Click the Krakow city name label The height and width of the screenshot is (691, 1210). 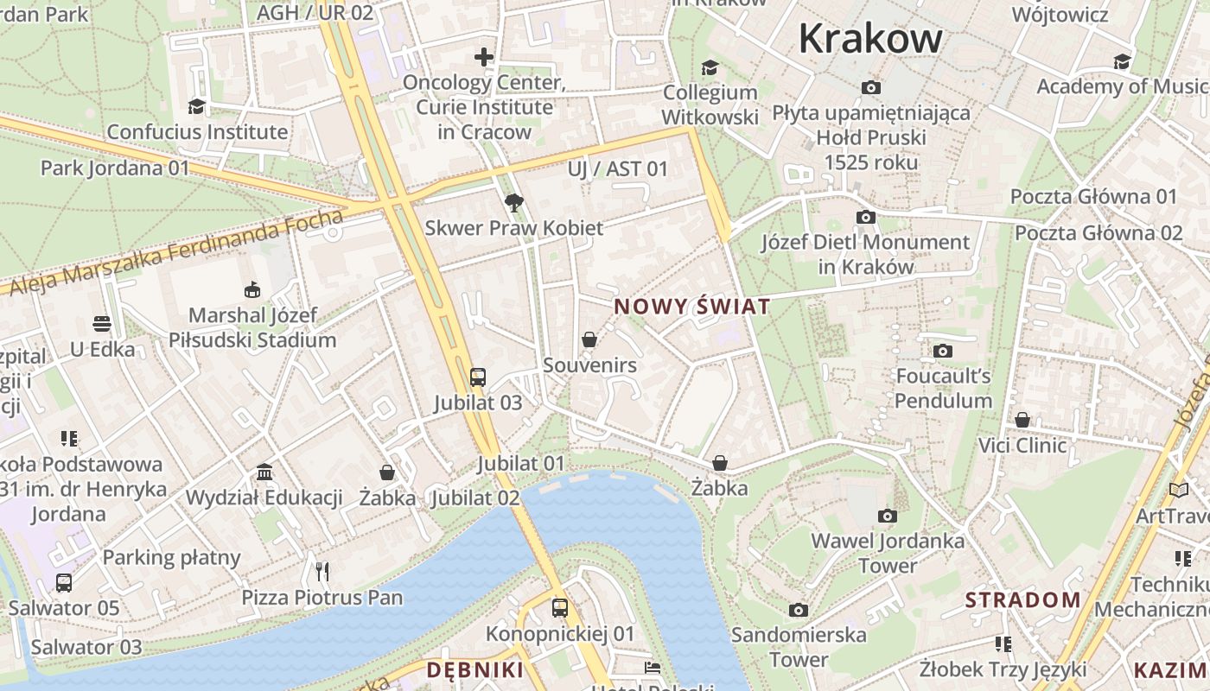pos(869,39)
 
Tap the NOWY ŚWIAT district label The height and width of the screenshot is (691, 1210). pos(691,307)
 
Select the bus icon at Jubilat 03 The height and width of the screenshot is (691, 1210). pos(478,377)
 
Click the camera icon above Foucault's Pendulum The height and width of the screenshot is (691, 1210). pos(943,351)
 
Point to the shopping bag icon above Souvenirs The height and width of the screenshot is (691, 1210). pos(589,339)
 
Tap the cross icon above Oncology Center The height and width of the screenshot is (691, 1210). pos(484,57)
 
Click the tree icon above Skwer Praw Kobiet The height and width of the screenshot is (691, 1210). pos(514,203)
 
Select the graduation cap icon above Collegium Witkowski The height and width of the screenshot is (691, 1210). pos(710,67)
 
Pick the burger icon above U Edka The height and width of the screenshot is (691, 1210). pos(102,324)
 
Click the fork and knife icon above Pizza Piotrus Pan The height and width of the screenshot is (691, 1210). pos(322,571)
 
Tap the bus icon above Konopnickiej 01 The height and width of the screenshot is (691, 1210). pos(560,607)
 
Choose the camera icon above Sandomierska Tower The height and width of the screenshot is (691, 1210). pos(799,610)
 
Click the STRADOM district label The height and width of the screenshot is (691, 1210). pos(1022,599)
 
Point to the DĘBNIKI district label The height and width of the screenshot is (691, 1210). pos(474,670)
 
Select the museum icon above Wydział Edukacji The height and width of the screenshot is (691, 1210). pos(264,472)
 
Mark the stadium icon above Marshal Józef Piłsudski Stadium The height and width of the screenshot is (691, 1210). pos(252,289)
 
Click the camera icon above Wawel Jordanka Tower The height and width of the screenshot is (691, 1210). pos(887,516)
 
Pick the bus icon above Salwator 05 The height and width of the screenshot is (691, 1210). pos(64,582)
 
